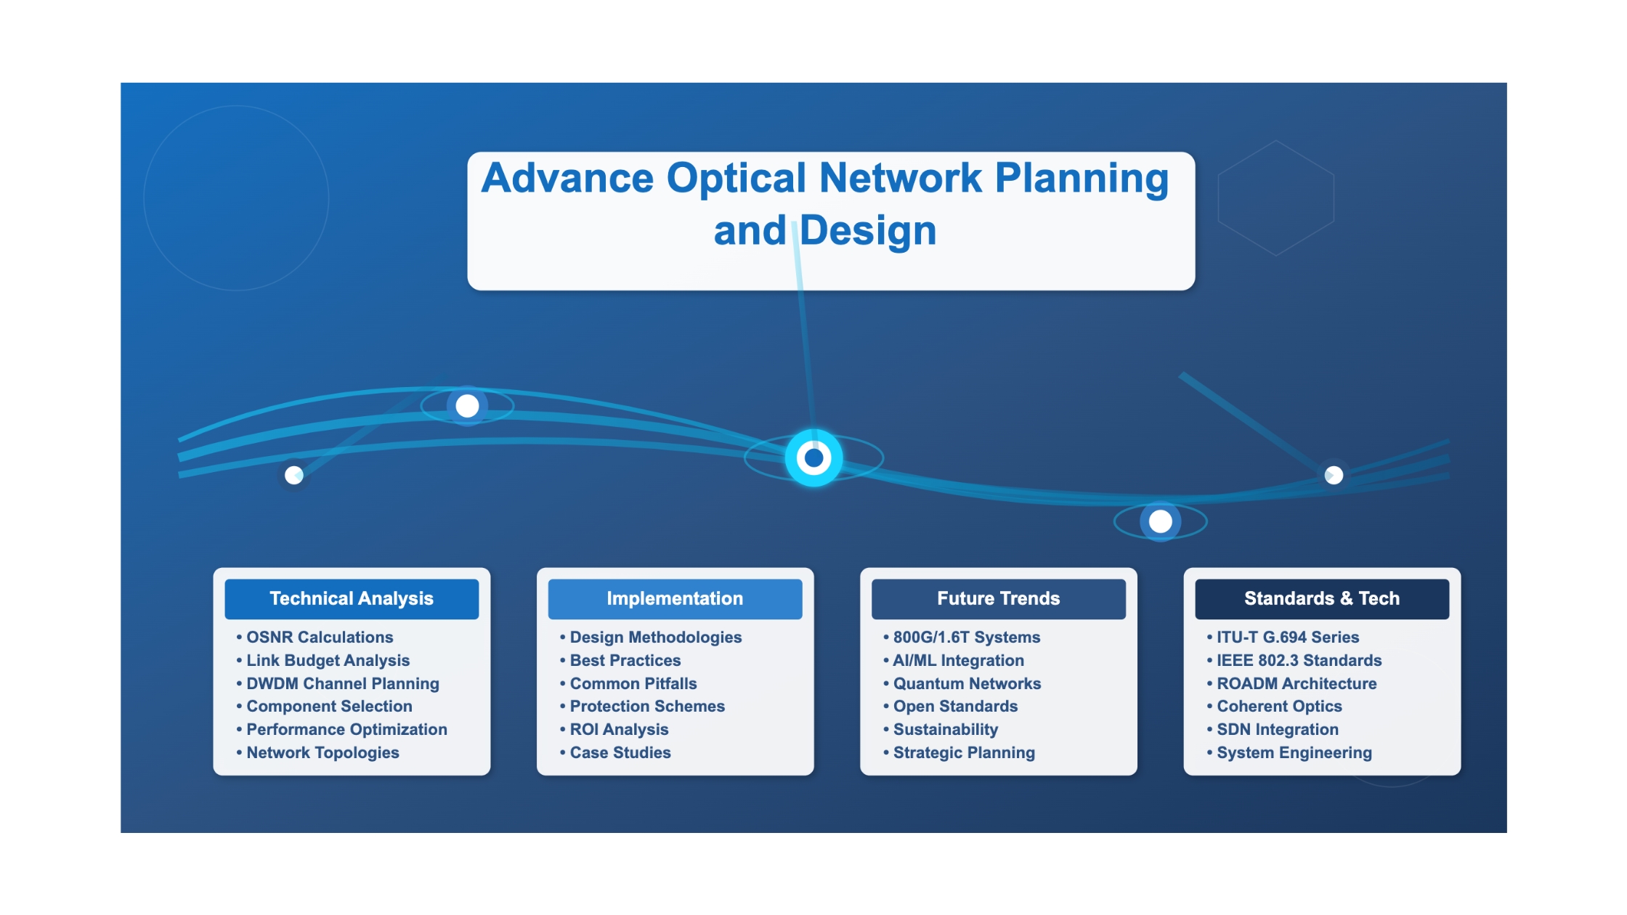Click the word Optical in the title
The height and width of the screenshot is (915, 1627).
click(x=737, y=179)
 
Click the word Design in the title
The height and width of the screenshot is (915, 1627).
click(x=868, y=231)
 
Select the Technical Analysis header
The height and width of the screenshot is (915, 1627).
click(x=352, y=599)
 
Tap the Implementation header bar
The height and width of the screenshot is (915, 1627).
click(x=675, y=599)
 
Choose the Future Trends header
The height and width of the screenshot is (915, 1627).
click(x=999, y=599)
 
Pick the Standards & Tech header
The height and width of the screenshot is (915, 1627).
click(x=1322, y=599)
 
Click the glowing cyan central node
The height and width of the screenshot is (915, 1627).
click(x=814, y=458)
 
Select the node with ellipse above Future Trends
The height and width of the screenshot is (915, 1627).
click(x=1161, y=521)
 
